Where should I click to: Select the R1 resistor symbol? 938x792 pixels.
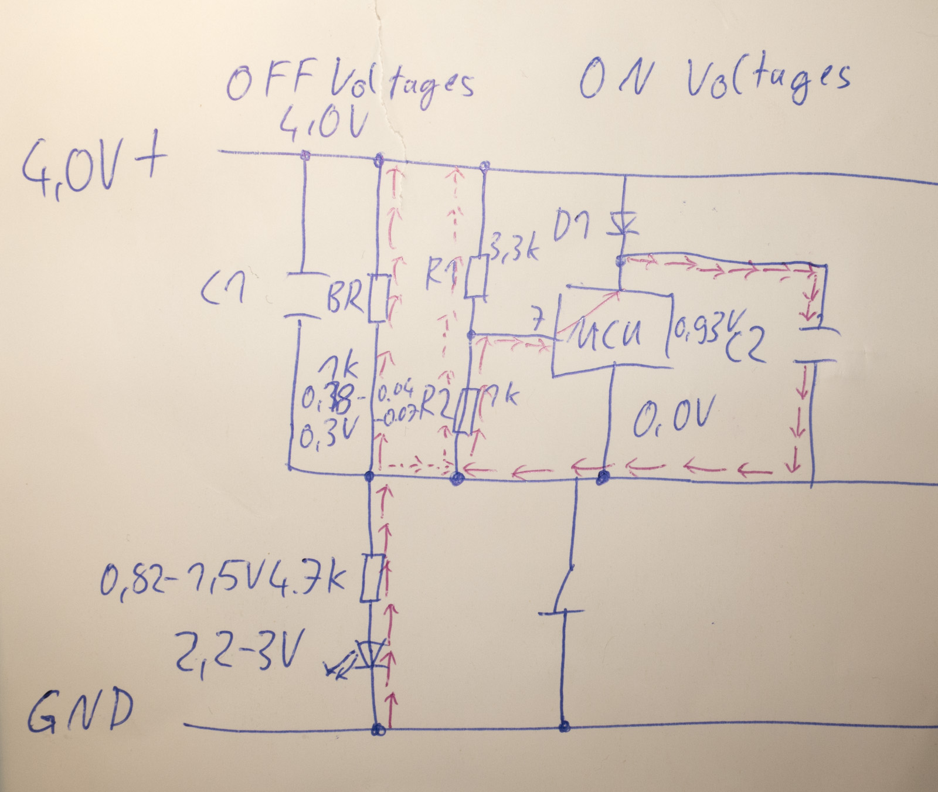477,276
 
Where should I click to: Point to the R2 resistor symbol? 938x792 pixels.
463,412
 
